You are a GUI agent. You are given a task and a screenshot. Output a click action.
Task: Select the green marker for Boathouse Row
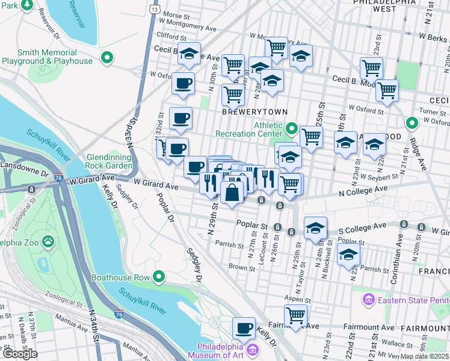[x=159, y=277]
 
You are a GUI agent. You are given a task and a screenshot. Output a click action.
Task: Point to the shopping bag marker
[x=232, y=193]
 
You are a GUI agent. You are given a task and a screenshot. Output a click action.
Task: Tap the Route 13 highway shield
[x=155, y=10]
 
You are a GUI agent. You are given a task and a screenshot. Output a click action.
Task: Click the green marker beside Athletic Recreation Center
[x=292, y=128]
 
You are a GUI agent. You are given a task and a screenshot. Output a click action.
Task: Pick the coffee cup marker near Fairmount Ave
[x=244, y=328]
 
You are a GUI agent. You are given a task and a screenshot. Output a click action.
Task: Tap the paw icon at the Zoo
[x=48, y=242]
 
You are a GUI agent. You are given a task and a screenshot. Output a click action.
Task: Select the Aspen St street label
[x=299, y=299]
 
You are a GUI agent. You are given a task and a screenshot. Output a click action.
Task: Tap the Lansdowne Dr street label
[x=24, y=164]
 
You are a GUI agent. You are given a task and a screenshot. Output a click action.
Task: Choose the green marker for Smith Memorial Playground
[x=107, y=58]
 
